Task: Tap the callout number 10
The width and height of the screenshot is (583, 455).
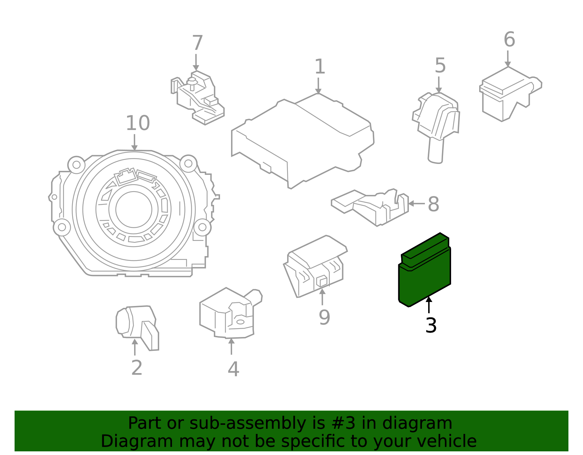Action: tap(137, 123)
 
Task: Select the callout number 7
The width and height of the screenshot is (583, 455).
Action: tap(197, 43)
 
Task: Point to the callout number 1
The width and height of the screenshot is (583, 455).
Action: tap(320, 67)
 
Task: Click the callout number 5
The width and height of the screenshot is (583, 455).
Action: tap(440, 66)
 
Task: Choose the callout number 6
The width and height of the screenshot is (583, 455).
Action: tap(509, 39)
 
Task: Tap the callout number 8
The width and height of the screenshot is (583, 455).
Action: tap(433, 204)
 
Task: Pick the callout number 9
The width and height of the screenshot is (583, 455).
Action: tap(324, 317)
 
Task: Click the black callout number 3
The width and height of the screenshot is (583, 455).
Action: tap(431, 325)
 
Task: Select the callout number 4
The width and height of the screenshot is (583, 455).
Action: tap(233, 369)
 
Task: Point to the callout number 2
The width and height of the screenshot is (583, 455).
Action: tap(137, 368)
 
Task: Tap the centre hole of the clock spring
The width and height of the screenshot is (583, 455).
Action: tap(134, 209)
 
